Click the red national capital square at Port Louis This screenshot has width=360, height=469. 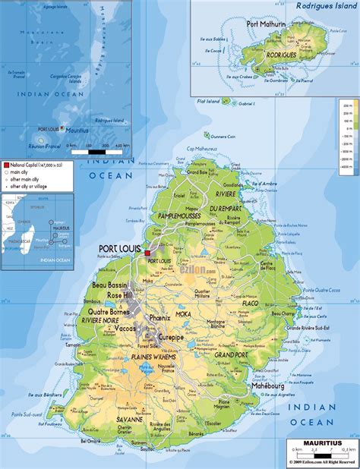click(147, 253)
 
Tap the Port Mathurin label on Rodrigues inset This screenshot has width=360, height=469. click(267, 24)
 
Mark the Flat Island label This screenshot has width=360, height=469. click(208, 100)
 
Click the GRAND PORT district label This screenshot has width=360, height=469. click(229, 354)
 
